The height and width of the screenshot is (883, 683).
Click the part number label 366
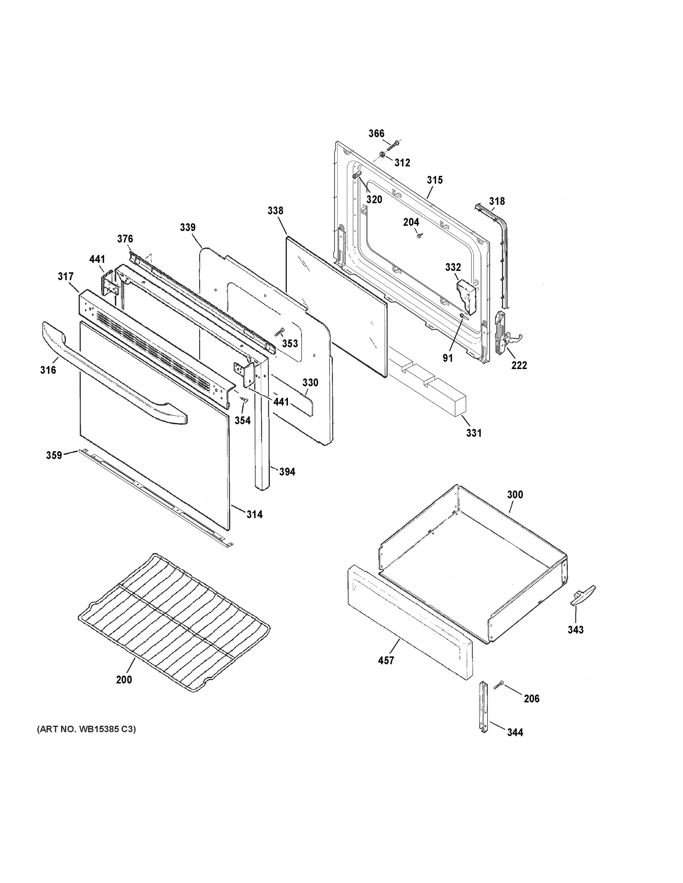coord(376,134)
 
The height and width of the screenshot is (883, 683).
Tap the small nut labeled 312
coord(382,155)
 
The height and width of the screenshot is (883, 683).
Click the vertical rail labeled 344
coord(483,706)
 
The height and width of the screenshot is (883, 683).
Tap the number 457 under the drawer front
coord(385,661)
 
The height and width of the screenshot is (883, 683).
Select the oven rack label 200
coord(124,680)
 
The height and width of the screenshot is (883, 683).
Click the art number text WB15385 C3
coord(86,729)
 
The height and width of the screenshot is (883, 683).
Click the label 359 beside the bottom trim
coord(54,455)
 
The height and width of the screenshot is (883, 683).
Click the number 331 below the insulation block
coord(473,433)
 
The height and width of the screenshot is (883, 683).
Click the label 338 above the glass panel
coord(275,211)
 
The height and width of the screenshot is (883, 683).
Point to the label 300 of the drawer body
coord(515,494)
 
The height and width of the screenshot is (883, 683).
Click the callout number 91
coord(447,358)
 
